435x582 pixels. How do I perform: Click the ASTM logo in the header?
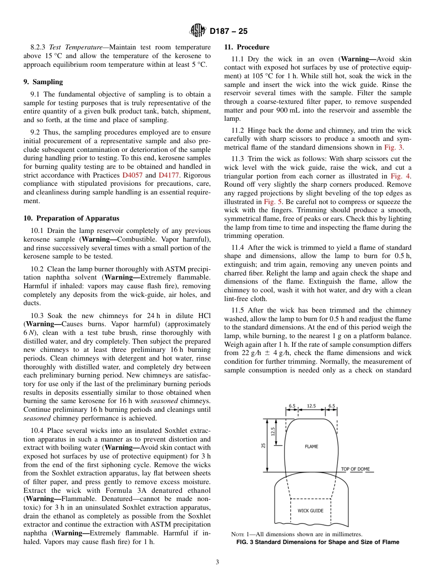point(198,31)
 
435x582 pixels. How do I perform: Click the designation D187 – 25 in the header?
point(228,32)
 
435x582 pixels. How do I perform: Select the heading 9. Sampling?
point(43,82)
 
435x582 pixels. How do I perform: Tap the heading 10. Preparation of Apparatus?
point(71,218)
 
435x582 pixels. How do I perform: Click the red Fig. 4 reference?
point(401,176)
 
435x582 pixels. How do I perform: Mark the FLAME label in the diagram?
point(311,447)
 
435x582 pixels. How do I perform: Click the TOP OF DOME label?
point(355,469)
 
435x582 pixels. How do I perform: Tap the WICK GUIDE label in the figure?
point(310,511)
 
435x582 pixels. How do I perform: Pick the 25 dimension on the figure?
point(263,445)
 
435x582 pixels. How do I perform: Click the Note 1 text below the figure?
point(297,534)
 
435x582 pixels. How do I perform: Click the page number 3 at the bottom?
point(217,562)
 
